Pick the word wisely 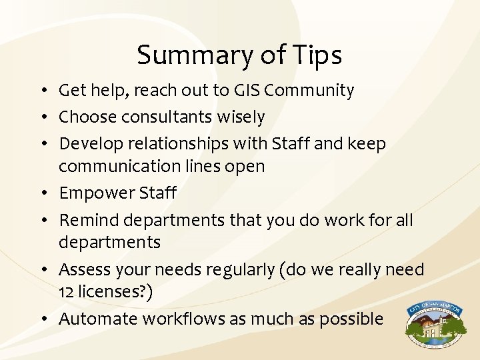pos(242,117)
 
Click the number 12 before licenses pos(66,292)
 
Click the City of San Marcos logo pos(434,325)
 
